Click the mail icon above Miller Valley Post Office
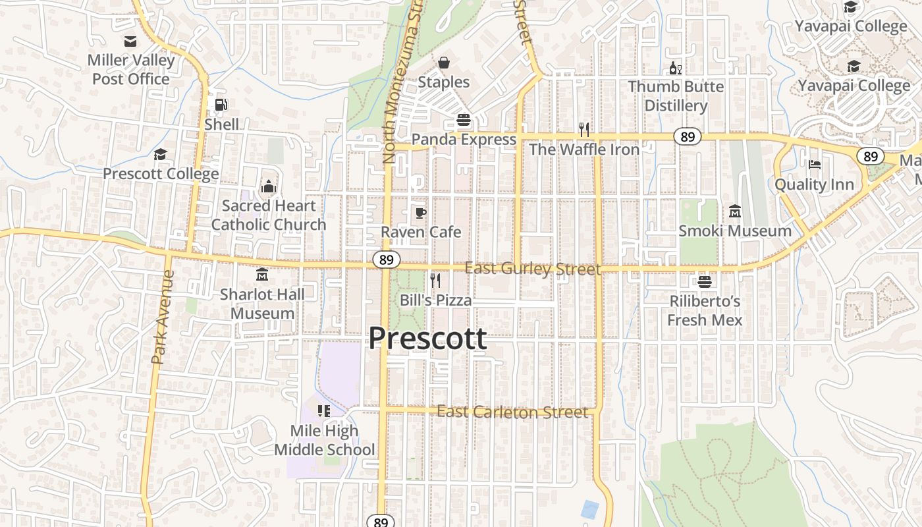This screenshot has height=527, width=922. click(130, 42)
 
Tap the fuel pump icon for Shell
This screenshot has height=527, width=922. click(222, 104)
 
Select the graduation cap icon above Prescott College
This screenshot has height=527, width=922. click(160, 155)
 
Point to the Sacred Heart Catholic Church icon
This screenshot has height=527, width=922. click(268, 187)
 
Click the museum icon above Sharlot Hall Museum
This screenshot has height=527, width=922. click(262, 274)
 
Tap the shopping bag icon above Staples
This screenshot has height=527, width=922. click(444, 63)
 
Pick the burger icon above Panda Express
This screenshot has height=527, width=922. click(464, 120)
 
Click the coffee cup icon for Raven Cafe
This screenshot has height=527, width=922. click(420, 213)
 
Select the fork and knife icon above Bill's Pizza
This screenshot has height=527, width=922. click(435, 281)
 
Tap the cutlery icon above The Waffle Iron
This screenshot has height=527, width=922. click(584, 129)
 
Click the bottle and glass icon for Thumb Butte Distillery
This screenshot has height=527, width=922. click(675, 68)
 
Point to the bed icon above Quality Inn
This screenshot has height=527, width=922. click(815, 165)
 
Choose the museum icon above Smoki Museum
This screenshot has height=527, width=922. click(735, 211)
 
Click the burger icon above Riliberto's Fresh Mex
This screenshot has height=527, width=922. click(705, 282)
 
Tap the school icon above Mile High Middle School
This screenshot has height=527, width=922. click(324, 411)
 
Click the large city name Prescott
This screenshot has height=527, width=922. click(427, 338)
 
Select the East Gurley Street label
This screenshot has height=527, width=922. click(533, 269)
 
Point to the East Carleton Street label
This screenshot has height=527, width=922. click(512, 412)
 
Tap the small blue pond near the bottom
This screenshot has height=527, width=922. click(590, 509)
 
